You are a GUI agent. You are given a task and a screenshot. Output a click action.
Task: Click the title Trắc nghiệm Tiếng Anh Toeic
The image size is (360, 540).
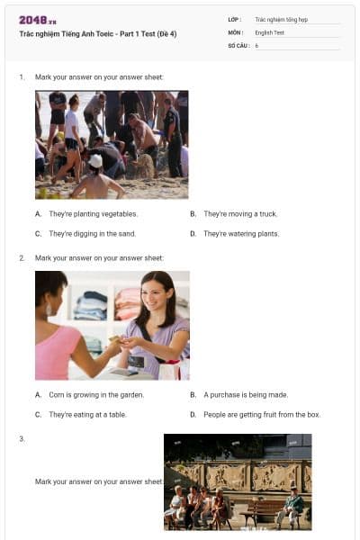(x=98, y=33)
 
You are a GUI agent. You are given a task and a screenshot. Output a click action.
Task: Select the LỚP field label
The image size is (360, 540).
(x=233, y=19)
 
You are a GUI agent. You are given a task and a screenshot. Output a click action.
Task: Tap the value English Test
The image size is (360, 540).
(x=268, y=32)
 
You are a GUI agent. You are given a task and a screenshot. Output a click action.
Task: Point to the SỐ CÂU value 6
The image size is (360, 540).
(x=256, y=45)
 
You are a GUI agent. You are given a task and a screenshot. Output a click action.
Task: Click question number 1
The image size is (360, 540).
(x=22, y=77)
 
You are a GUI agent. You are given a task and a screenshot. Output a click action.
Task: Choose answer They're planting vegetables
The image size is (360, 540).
(x=93, y=214)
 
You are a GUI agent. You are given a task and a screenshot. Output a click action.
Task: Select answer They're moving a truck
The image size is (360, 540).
(x=240, y=214)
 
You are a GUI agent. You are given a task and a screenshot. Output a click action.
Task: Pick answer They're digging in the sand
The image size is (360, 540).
(x=92, y=234)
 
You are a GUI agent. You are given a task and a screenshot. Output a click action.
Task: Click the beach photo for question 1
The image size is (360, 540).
(x=112, y=144)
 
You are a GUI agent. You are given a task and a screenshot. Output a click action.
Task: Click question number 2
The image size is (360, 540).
(x=22, y=258)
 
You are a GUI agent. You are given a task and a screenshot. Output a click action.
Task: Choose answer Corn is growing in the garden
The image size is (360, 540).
(x=95, y=394)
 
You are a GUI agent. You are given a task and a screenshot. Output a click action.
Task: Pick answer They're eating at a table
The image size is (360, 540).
(x=87, y=415)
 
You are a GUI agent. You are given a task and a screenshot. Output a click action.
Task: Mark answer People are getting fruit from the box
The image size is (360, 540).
(x=262, y=415)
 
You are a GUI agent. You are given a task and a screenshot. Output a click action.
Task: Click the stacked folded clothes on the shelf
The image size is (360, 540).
(x=90, y=306)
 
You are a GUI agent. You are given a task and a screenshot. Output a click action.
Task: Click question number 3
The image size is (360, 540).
(x=22, y=438)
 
